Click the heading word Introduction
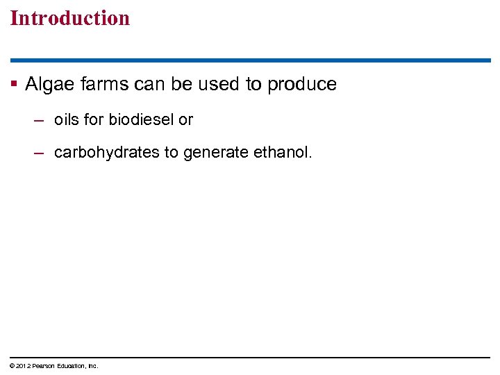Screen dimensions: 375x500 [x=70, y=18]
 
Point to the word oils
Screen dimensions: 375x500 [x=66, y=119]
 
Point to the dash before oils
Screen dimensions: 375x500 [x=40, y=119]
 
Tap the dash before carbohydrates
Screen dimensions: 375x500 [x=40, y=152]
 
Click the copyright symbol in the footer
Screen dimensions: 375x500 [x=12, y=366]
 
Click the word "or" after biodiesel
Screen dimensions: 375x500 [x=185, y=119]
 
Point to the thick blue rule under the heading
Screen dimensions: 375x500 [x=250, y=60]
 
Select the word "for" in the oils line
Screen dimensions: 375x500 [x=93, y=119]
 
